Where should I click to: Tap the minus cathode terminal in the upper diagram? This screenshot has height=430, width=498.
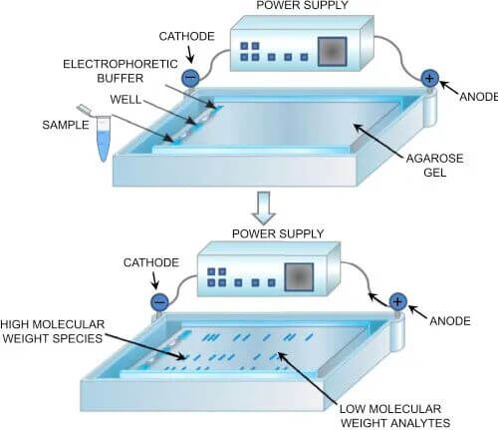point(190,78)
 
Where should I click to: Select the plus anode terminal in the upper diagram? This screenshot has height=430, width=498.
point(429,79)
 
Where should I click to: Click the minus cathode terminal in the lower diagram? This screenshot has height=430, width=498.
point(159,302)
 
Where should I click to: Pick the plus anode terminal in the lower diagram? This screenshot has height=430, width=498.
point(397,302)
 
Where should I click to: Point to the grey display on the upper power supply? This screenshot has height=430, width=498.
point(332,52)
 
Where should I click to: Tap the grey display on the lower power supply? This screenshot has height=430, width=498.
point(299,277)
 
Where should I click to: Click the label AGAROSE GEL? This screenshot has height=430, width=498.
point(434,166)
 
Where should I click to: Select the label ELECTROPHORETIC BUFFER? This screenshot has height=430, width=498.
point(121,71)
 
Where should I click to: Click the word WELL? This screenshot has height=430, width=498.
point(125,100)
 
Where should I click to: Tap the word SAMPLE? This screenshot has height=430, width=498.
point(66,125)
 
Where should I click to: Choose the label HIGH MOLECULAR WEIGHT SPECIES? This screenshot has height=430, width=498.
point(53,331)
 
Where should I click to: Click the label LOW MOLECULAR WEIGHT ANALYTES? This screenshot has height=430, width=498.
point(395,416)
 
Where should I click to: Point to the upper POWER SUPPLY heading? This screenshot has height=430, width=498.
point(302,5)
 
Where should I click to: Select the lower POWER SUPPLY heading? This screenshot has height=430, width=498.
point(278,233)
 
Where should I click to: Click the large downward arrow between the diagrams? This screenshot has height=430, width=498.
point(264,208)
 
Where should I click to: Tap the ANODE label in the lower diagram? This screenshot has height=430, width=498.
point(450,321)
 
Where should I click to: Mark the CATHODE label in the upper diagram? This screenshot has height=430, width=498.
point(186,36)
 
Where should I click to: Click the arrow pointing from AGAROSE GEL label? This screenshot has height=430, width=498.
point(378,142)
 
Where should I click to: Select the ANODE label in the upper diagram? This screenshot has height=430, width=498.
point(478,97)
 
